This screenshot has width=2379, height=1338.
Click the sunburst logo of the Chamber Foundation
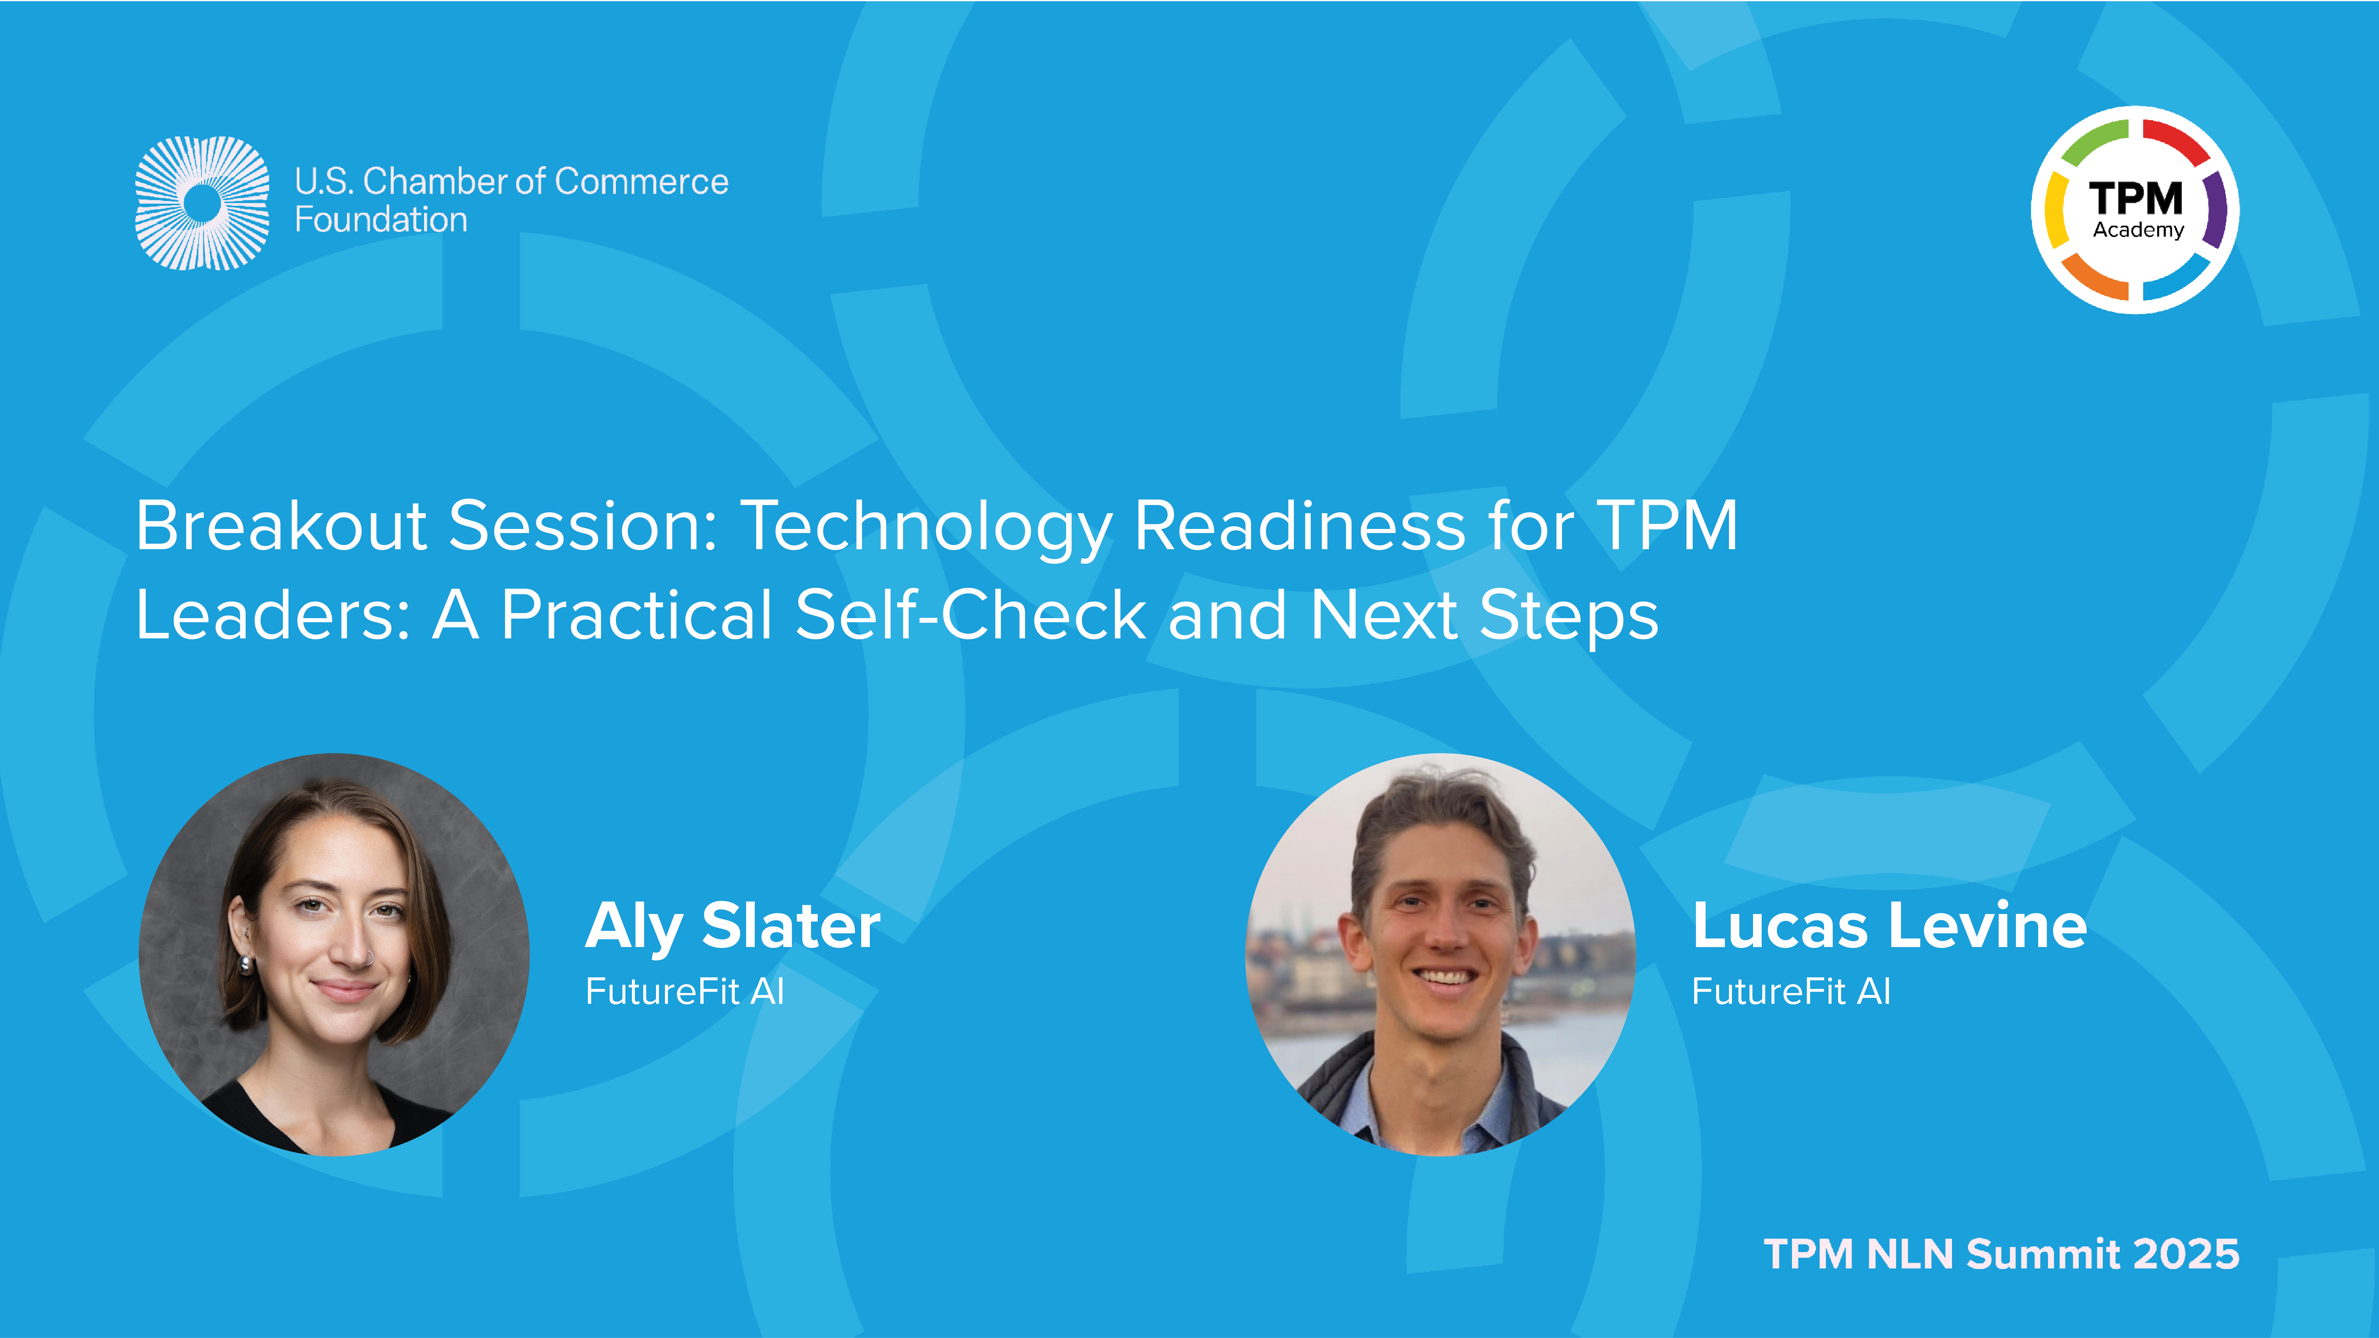tap(202, 203)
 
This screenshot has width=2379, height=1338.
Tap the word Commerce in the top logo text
tap(641, 182)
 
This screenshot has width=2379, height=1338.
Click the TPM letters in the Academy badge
tap(2136, 199)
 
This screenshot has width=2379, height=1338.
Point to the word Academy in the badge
tap(2138, 230)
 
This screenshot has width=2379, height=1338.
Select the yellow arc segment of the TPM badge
tap(2056, 210)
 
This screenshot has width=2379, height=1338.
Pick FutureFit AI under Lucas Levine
tap(1791, 992)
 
